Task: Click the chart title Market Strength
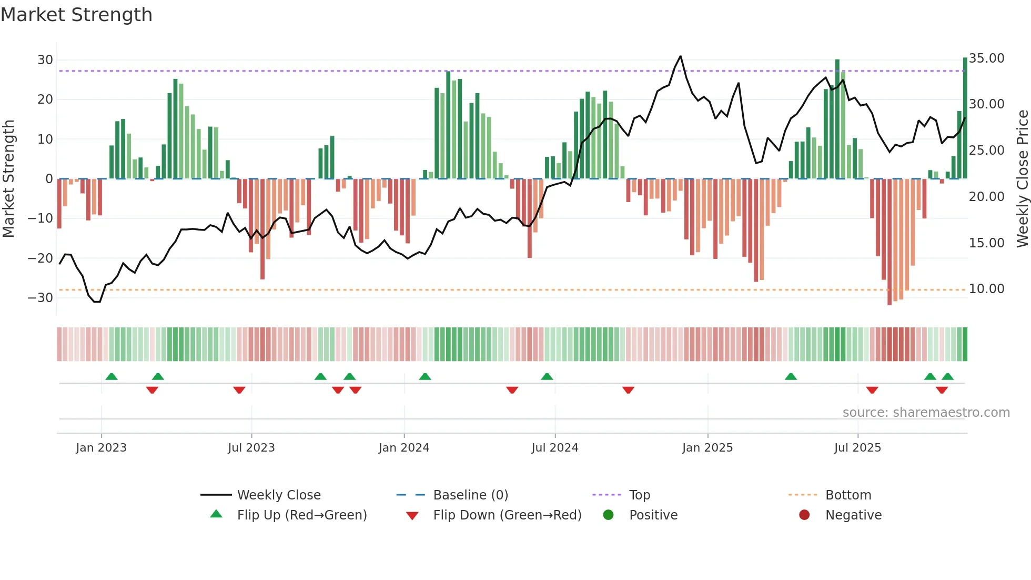pos(76,15)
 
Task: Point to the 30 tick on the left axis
pos(45,60)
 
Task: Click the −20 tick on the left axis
pos(41,258)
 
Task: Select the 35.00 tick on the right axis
pos(986,58)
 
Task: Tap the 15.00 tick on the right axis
pos(986,243)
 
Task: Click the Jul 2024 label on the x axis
pos(554,448)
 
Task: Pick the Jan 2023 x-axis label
pos(101,448)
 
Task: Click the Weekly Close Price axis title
pos(1022,178)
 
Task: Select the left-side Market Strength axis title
pos(8,178)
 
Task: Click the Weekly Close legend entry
pos(278,495)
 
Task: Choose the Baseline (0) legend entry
pos(470,495)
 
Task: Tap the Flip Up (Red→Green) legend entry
pos(301,515)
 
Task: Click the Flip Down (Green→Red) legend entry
pos(507,515)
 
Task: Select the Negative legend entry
pos(853,515)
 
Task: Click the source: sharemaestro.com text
pos(926,413)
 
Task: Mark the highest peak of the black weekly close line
pos(680,56)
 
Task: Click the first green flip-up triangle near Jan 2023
pos(112,376)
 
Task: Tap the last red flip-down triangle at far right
pos(942,390)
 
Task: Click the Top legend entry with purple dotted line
pos(639,495)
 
